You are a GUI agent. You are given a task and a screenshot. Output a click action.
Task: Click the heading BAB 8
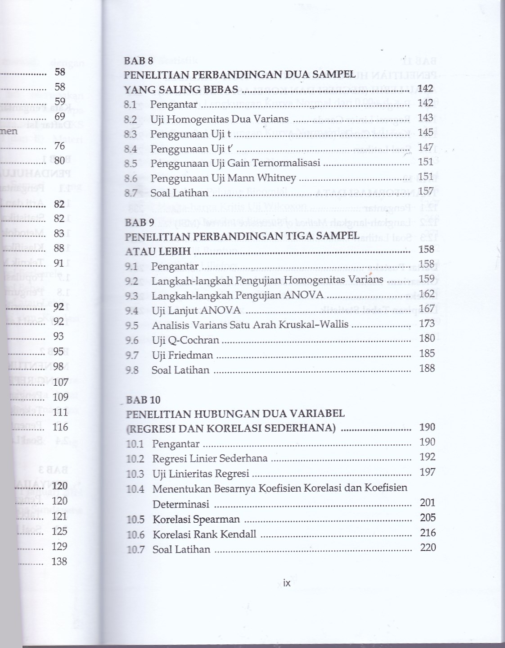139,60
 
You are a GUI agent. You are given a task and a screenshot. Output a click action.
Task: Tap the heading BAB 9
140,222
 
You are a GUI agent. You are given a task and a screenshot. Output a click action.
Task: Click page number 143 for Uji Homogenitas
425,118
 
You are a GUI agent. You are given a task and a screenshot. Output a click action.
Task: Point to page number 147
425,147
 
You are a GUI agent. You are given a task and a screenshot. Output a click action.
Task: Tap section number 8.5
131,163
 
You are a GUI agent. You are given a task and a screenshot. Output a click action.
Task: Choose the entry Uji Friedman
182,355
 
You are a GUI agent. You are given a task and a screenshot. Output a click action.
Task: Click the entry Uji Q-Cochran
185,340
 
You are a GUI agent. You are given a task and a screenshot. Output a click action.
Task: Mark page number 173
426,324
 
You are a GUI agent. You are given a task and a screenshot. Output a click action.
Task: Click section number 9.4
132,310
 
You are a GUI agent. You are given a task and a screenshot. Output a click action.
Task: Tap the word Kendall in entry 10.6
240,534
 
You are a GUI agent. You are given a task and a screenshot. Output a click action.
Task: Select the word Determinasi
180,504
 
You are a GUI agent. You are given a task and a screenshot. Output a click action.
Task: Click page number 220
428,548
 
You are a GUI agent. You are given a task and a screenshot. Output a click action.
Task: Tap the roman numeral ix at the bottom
287,583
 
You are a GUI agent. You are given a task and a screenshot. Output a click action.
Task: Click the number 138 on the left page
59,561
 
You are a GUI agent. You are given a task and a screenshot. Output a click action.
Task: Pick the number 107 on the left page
61,382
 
